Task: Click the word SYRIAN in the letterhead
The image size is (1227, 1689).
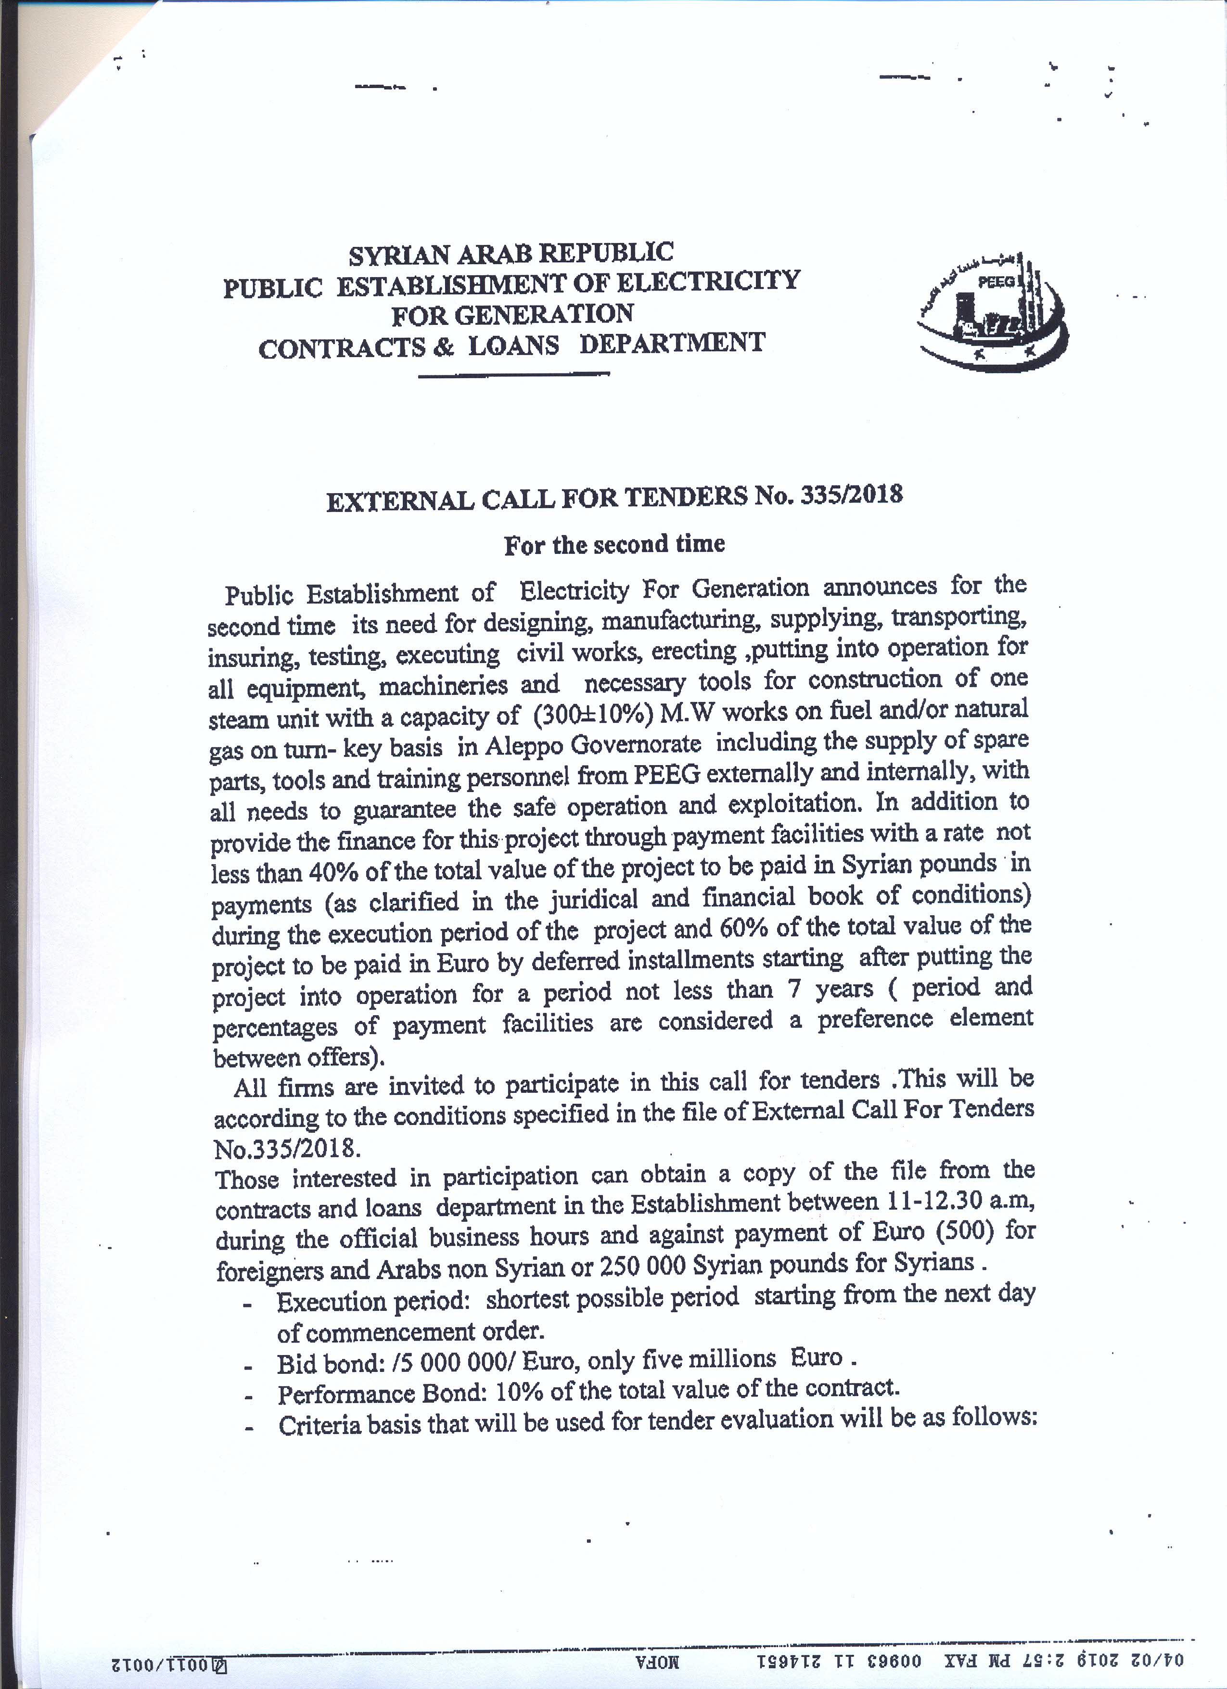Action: pyautogui.click(x=398, y=256)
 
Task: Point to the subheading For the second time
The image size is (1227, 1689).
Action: pyautogui.click(x=614, y=544)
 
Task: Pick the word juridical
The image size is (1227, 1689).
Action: pyautogui.click(x=593, y=900)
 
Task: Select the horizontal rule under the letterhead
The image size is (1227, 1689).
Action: pyautogui.click(x=514, y=374)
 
